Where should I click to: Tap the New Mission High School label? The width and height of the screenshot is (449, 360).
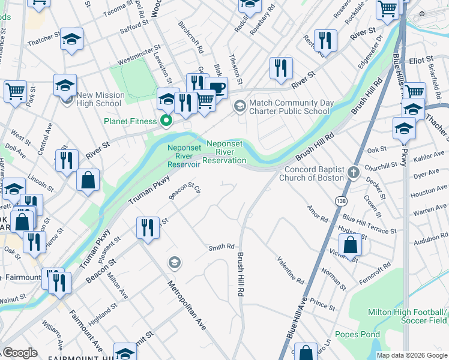coord(99,99)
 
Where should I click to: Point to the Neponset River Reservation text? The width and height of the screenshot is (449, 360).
coord(226,152)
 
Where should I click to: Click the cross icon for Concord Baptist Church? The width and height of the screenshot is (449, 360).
coord(354,174)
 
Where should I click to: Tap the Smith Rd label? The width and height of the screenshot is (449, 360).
coord(221,247)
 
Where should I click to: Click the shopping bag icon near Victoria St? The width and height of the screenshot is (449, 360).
coord(350,245)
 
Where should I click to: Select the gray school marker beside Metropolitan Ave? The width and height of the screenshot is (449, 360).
coord(175,262)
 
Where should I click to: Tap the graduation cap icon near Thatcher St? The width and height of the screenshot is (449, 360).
coord(72,40)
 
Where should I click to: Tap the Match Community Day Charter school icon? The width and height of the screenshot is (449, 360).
coord(240,106)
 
